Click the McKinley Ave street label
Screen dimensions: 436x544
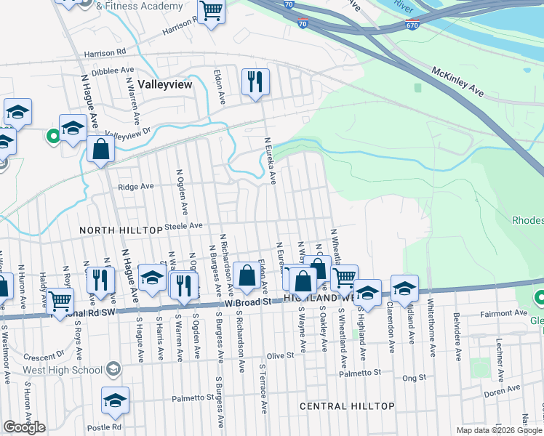[x=457, y=81]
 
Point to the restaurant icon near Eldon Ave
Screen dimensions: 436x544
[x=255, y=81]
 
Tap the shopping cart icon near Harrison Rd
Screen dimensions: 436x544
[x=211, y=12]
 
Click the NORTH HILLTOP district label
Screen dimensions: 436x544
[x=121, y=230]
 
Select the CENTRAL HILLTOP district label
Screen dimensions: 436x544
[x=347, y=405]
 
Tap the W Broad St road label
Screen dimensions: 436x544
[x=247, y=301]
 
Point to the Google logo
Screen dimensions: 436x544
[x=24, y=427]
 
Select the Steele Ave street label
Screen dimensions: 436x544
[x=185, y=226]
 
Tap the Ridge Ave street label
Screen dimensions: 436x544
[x=135, y=186]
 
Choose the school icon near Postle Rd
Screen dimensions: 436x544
[x=115, y=400]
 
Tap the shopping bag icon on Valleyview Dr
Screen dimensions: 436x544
[x=100, y=150]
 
